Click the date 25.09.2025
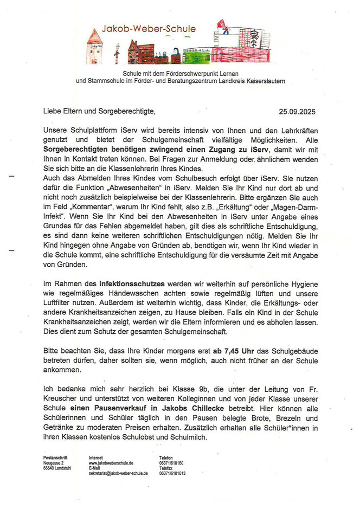(296, 112)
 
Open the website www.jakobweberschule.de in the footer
(111, 463)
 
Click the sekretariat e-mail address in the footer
(118, 473)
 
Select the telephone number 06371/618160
(171, 463)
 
